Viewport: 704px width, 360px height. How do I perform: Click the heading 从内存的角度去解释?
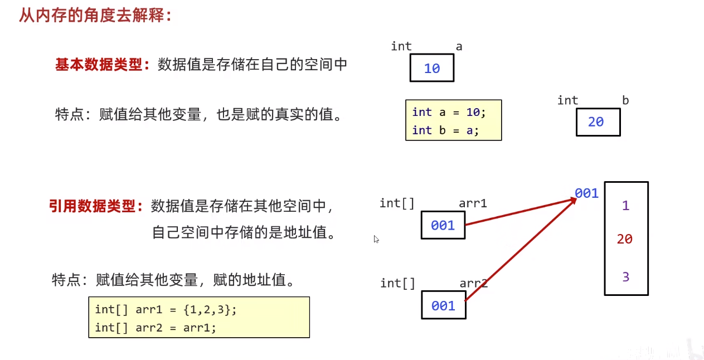tap(95, 15)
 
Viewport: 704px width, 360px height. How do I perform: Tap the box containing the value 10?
tap(432, 69)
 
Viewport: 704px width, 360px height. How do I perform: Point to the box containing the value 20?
tap(598, 122)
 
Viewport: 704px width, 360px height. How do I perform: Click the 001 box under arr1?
tap(443, 225)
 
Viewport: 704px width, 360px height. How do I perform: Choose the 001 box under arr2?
tap(443, 305)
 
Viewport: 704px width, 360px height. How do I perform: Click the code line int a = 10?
tap(449, 112)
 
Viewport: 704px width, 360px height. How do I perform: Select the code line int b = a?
tap(445, 130)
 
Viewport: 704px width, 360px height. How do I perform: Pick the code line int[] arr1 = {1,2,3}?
tap(166, 309)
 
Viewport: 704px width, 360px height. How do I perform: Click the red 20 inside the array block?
tap(625, 239)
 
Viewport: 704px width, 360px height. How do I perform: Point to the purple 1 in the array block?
tap(625, 206)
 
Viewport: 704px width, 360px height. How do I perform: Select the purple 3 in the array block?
tap(625, 277)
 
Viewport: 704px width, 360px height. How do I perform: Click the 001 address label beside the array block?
tap(586, 193)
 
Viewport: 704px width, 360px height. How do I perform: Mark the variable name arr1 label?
tap(473, 203)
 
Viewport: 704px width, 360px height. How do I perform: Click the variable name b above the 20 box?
tap(625, 100)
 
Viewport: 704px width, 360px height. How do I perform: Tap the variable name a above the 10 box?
tap(459, 47)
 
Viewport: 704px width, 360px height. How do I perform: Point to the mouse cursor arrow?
tap(376, 239)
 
